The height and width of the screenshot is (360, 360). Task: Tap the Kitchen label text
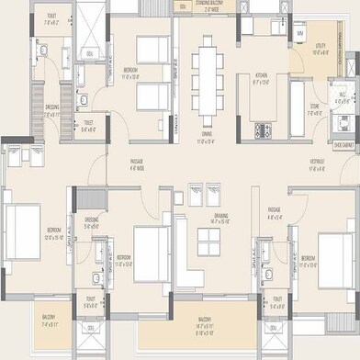[x=261, y=74]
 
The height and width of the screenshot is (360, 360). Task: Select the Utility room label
[x=321, y=51]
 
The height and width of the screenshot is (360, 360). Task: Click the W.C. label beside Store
[x=342, y=95]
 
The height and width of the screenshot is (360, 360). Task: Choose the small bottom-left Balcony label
[x=49, y=322]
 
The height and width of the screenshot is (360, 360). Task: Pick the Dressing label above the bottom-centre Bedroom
[x=92, y=220]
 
